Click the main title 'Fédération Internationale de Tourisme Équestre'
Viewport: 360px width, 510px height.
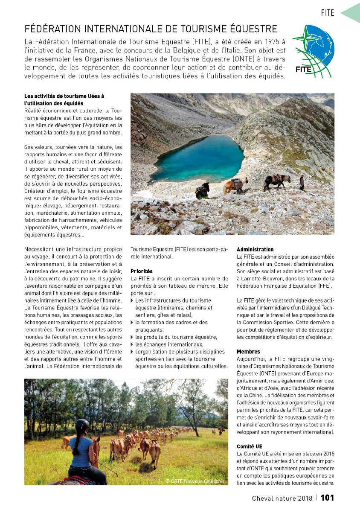pos(151,29)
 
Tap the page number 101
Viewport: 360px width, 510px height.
pos(327,498)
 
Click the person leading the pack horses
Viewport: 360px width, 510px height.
pos(302,182)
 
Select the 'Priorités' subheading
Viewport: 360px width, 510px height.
pos(141,271)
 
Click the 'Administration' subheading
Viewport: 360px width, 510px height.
pos(255,249)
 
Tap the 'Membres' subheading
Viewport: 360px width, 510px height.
pos(248,352)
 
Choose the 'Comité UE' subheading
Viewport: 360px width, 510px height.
pos(250,446)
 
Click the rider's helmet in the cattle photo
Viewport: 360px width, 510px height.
pos(82,425)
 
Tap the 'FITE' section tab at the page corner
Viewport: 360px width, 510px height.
pos(328,13)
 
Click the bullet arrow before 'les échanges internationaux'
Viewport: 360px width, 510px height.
pos(132,344)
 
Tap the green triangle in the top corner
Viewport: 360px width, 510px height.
pos(352,13)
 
